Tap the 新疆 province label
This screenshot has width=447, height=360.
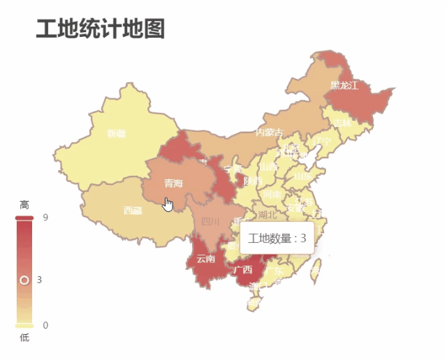click(x=117, y=133)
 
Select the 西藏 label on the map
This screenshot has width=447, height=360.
click(x=133, y=210)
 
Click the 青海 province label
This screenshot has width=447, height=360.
click(x=173, y=183)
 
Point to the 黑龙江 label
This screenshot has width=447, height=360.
click(x=344, y=86)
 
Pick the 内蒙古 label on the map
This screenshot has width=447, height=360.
click(x=270, y=132)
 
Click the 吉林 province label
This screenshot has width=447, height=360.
click(x=342, y=123)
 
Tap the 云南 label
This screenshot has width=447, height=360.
click(x=206, y=259)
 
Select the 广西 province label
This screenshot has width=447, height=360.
click(x=243, y=269)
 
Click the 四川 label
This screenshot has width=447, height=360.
click(x=210, y=222)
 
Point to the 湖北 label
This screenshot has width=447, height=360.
click(x=267, y=214)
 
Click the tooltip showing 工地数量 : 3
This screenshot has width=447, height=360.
click(x=277, y=239)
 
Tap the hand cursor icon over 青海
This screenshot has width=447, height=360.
click(x=168, y=204)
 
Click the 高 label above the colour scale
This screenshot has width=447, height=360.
click(x=24, y=204)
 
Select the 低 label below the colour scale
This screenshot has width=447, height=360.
click(x=24, y=338)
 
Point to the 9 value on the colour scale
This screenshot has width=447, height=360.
click(x=45, y=217)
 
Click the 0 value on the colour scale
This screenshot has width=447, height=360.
click(x=45, y=325)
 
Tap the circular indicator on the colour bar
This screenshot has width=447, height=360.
click(x=24, y=280)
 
